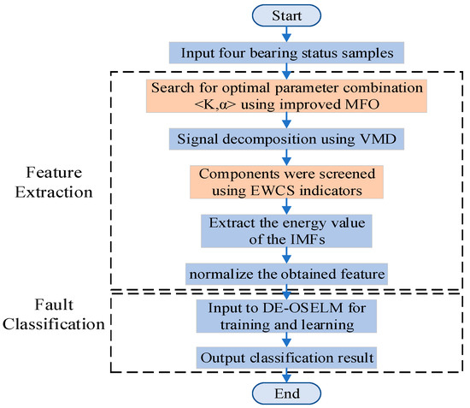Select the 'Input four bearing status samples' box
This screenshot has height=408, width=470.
point(287,52)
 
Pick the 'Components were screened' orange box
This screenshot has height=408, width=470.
point(287,179)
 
